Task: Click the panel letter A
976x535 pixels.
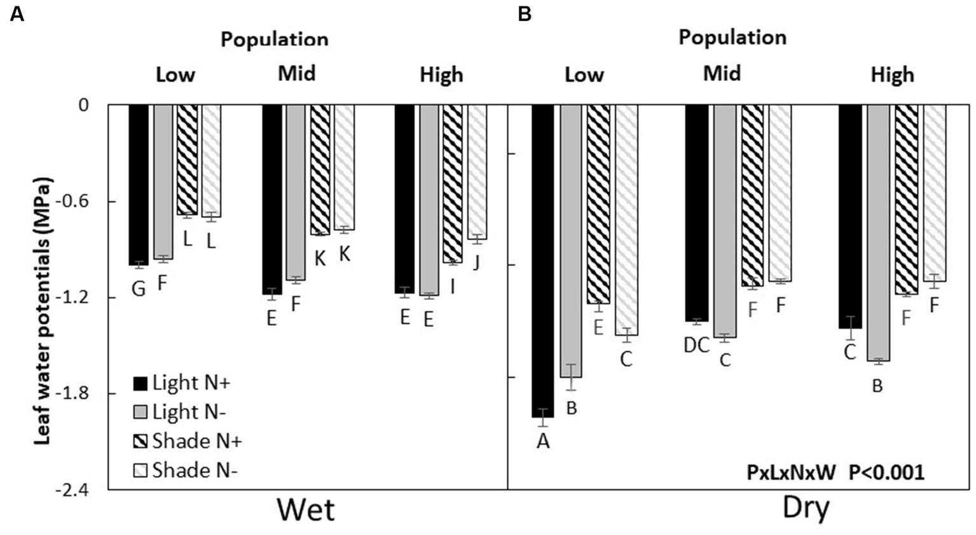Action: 17,14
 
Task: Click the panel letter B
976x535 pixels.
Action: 525,14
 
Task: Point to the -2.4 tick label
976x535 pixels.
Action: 74,490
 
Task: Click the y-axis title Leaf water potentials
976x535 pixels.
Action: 43,310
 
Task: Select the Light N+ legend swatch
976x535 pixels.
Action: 140,384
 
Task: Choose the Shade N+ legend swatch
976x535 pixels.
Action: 140,442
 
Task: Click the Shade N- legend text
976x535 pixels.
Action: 195,471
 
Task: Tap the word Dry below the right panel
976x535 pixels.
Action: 806,509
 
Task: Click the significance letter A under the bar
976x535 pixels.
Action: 542,442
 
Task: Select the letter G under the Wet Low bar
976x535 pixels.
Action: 138,289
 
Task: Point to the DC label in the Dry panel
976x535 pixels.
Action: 696,346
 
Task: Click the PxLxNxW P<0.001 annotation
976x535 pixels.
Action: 835,473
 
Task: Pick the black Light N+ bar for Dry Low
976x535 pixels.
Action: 543,261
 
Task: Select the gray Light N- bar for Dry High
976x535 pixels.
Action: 878,233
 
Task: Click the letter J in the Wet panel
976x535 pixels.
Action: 476,262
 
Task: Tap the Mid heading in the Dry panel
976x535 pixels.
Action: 722,74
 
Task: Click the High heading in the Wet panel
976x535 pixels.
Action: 441,75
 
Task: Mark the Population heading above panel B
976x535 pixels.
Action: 732,37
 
